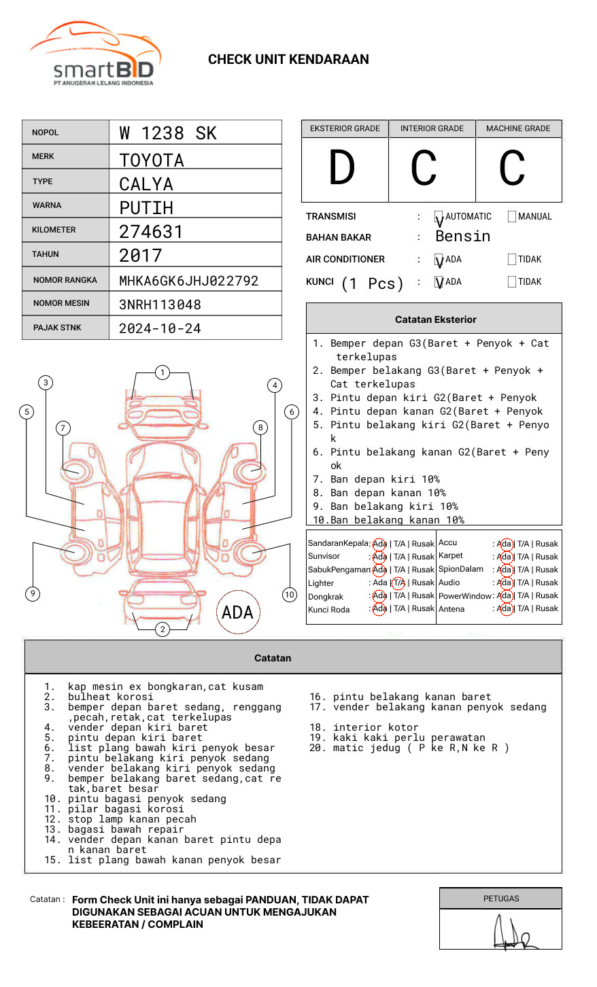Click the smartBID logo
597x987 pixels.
tap(95, 54)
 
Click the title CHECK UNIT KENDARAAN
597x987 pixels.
tap(288, 60)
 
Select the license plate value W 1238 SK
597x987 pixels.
tap(168, 133)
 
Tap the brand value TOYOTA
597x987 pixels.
tap(152, 160)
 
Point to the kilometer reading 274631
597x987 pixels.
tap(151, 232)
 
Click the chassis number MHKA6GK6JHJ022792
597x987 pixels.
tap(188, 281)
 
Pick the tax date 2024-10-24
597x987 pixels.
tap(160, 328)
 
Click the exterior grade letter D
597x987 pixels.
tap(342, 168)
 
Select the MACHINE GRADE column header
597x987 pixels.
tap(518, 128)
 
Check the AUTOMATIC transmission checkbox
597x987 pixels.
tap(439, 218)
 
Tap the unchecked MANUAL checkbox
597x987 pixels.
tap(512, 217)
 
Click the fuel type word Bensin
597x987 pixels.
tap(462, 237)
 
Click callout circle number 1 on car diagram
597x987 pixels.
tap(162, 372)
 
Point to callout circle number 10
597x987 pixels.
tap(290, 595)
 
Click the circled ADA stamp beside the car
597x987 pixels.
tap(237, 612)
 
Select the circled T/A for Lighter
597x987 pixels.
tap(398, 583)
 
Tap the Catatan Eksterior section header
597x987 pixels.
tap(435, 319)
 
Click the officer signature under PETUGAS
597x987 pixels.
tap(514, 933)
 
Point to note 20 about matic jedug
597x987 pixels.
tap(409, 748)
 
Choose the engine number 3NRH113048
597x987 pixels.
tap(160, 305)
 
